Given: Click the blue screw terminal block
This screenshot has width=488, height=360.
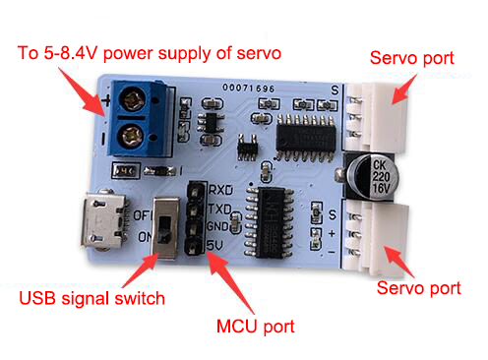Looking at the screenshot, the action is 142,118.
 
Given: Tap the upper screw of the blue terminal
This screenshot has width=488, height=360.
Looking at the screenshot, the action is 133,98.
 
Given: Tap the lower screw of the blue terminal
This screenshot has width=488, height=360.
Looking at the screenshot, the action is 130,136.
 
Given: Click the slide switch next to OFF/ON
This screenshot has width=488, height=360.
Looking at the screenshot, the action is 165,228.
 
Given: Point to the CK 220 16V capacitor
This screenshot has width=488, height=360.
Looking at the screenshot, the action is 373,177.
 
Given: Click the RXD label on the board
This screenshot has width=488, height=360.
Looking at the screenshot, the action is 220,190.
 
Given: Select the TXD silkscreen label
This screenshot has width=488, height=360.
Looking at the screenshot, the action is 220,209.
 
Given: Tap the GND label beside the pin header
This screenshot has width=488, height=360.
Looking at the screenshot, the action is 217,226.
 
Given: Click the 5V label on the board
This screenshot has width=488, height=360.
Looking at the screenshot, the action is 214,245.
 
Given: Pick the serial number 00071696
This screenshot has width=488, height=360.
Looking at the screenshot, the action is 249,88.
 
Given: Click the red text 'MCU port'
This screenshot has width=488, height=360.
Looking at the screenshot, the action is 256,327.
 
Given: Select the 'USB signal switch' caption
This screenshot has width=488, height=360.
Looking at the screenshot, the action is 91,299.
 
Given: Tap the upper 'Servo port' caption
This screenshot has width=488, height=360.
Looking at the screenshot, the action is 412,58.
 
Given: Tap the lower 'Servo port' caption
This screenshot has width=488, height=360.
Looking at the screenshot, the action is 419,288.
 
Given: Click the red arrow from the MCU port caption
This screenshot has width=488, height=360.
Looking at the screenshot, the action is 230,282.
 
